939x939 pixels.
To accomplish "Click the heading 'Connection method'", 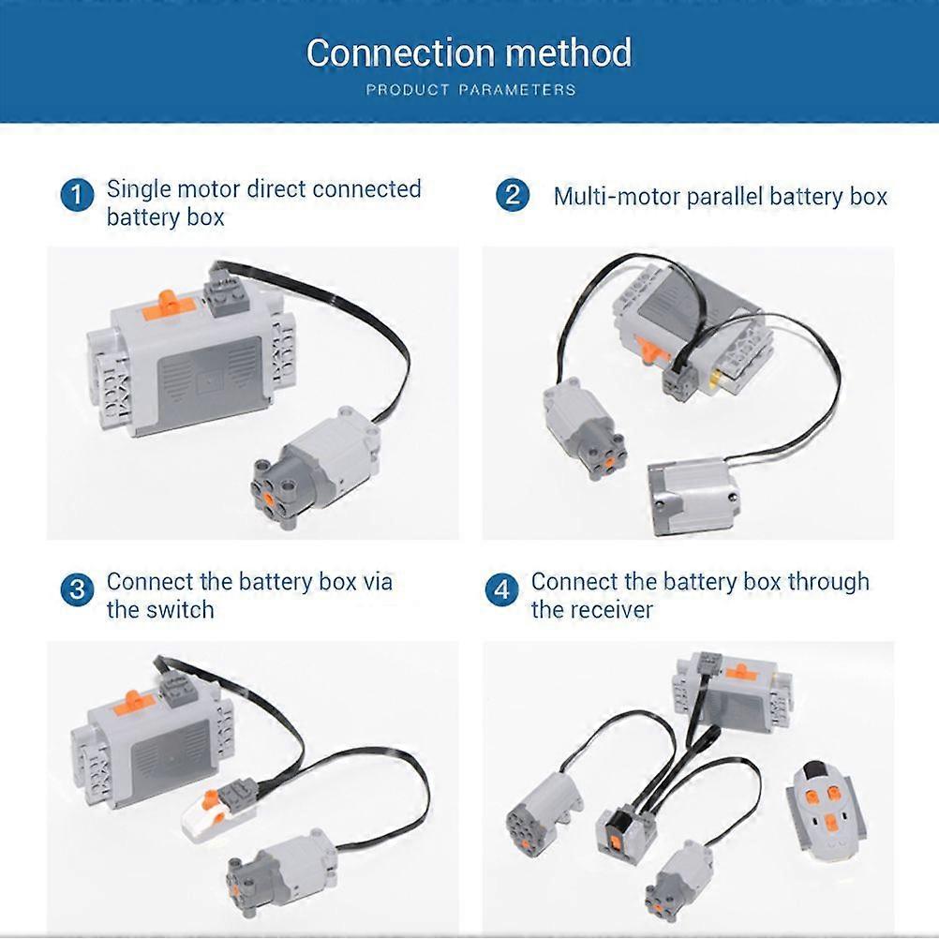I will click(469, 53).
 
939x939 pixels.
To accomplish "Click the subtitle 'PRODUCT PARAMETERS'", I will click(470, 90).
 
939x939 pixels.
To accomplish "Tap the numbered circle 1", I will click(77, 197).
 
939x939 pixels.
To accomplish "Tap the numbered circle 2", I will click(512, 197).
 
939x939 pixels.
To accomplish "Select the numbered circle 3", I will click(77, 590).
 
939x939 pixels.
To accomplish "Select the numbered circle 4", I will click(502, 590).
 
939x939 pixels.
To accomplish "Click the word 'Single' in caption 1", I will click(138, 188).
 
